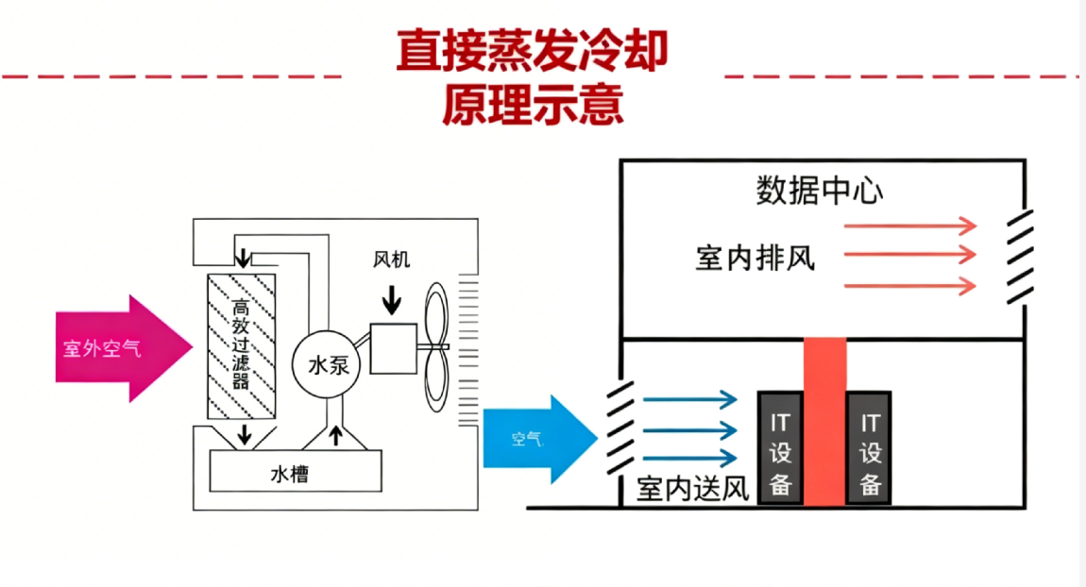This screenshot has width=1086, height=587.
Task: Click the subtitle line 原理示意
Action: pos(532,105)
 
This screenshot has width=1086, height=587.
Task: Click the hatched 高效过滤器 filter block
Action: pos(242,346)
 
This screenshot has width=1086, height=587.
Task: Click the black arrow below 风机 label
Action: pos(391,300)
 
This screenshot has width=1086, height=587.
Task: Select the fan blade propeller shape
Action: pos(437,346)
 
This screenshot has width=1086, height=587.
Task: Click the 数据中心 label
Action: pos(819,192)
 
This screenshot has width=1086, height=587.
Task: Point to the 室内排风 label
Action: pos(755,257)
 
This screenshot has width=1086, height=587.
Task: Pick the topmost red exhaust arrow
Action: pos(908,226)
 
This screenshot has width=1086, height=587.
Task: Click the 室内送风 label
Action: pos(692,490)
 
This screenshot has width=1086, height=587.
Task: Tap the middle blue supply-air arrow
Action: pos(689,429)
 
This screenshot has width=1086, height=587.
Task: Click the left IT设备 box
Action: pos(780,446)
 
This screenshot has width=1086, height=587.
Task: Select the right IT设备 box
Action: pos(870,446)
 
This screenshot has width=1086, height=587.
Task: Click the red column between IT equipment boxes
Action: pos(824,420)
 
